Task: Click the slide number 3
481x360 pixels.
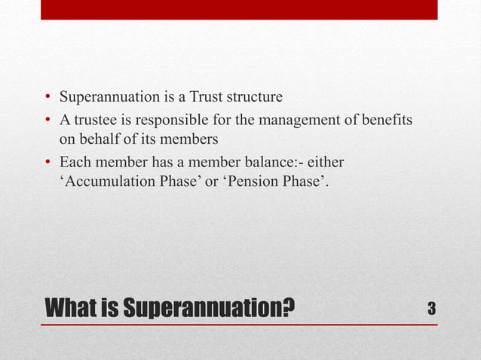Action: click(x=431, y=308)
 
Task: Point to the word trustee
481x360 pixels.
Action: click(x=96, y=121)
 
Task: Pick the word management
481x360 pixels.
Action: click(x=296, y=121)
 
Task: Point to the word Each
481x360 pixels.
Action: click(x=75, y=163)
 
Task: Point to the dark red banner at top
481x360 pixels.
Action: click(x=239, y=9)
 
